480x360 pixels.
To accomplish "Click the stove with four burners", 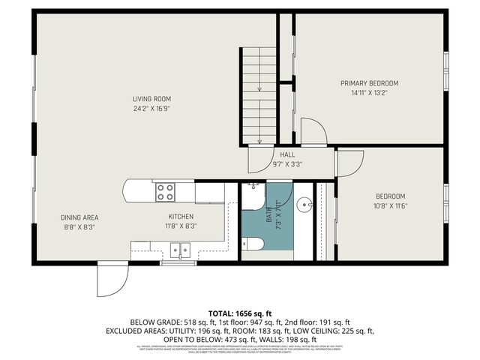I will (x=165, y=193).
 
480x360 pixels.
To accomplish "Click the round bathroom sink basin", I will (x=304, y=203).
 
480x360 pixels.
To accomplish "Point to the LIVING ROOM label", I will (x=152, y=98).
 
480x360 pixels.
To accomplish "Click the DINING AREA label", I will (x=78, y=217).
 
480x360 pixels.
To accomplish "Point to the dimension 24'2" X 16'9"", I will (x=152, y=108).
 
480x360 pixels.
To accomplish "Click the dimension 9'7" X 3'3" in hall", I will (x=287, y=163).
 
